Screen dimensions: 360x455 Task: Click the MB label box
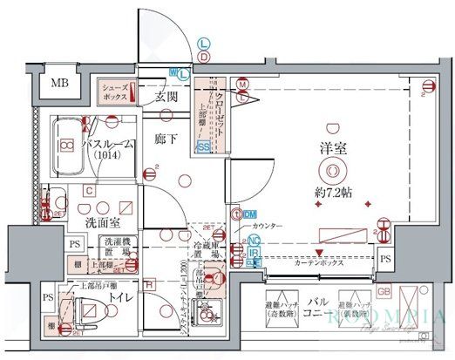tap(59, 84)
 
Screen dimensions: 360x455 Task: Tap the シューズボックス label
tap(116, 92)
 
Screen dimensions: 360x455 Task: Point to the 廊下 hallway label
tap(166, 138)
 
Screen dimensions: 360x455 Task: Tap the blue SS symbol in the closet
tap(203, 147)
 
